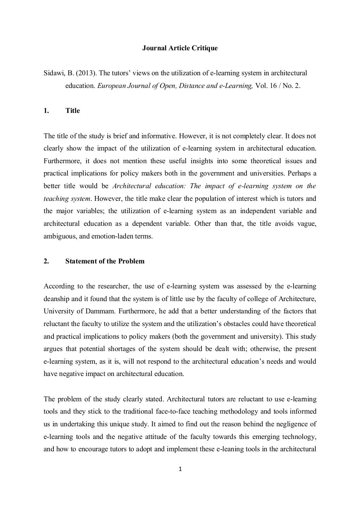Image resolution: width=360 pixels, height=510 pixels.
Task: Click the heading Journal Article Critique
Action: coord(180,48)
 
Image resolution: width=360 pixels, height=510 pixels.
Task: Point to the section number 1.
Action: coord(46,111)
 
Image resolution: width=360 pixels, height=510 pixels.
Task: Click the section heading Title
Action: coord(72,111)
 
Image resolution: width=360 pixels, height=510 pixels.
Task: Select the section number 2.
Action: coord(46,261)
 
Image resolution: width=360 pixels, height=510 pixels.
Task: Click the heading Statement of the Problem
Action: coord(105,261)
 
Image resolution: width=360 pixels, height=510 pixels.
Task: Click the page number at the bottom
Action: coord(180,469)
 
